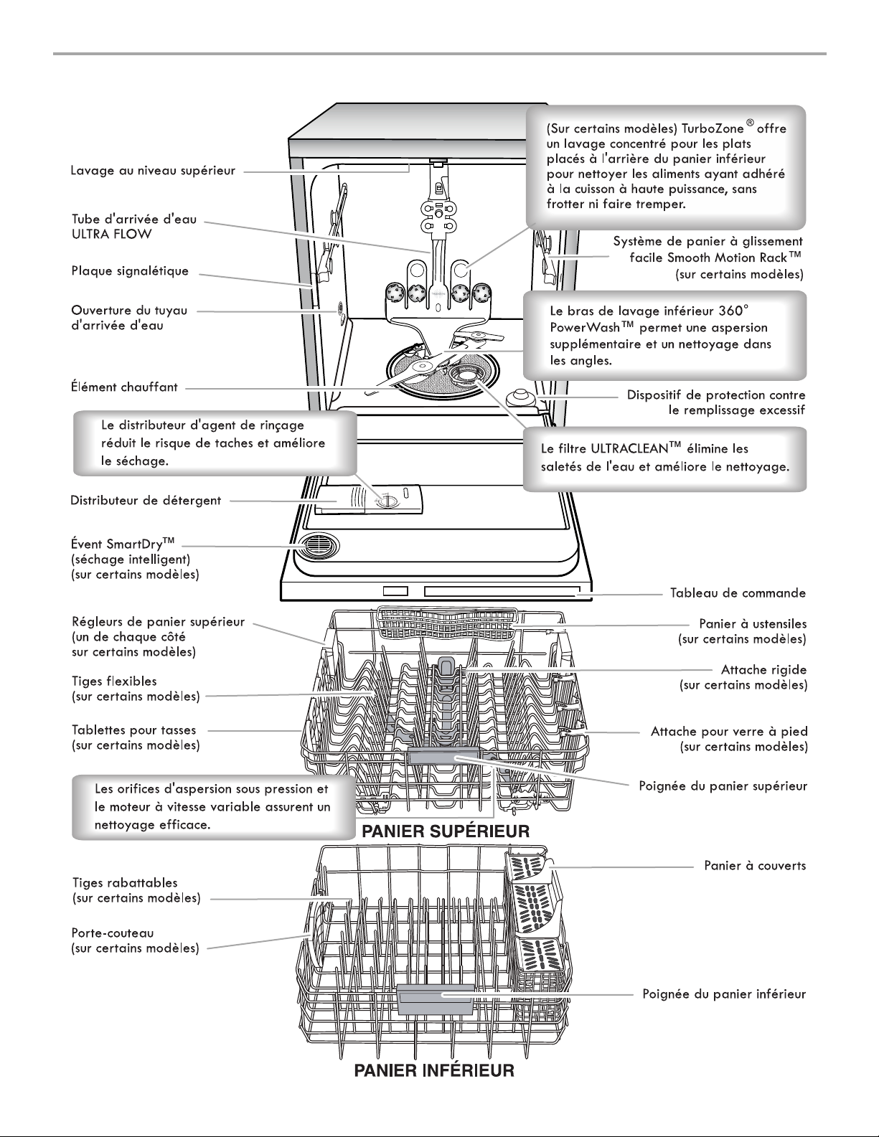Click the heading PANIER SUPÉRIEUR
(446, 831)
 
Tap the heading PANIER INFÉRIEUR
(434, 1070)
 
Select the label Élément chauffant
(125, 387)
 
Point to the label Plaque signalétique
(130, 271)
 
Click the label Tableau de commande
(738, 593)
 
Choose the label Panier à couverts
(755, 865)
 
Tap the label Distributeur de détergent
(146, 500)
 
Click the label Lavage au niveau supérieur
(153, 171)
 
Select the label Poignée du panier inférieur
(724, 994)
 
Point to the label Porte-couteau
(113, 933)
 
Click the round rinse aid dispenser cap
(387, 502)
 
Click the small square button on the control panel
(395, 590)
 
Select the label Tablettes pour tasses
(134, 730)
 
